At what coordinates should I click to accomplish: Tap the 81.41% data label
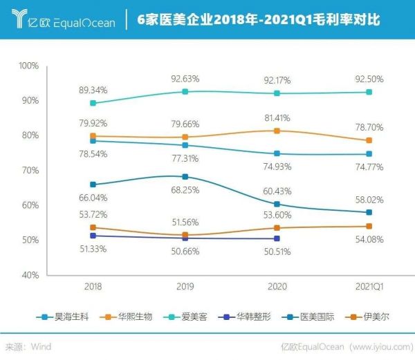click(277, 117)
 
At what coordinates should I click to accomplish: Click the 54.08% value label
click(370, 239)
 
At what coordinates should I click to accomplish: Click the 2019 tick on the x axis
click(185, 285)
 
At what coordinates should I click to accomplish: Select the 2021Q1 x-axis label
click(369, 285)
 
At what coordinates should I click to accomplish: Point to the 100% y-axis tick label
click(29, 66)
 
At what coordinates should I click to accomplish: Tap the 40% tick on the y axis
click(31, 275)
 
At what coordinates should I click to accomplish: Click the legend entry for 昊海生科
click(66, 317)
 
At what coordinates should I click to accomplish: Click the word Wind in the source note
click(39, 346)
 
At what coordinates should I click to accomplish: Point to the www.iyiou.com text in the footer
click(377, 346)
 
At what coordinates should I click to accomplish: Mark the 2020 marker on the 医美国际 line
click(277, 204)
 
